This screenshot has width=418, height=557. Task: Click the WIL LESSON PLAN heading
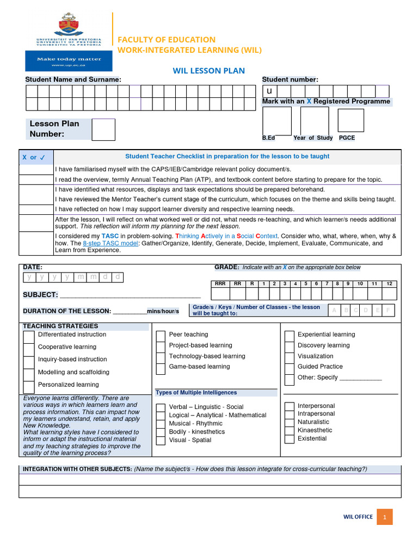pos(208,71)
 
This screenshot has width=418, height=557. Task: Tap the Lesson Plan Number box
pos(103,129)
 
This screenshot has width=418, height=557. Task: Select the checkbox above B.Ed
pos(276,120)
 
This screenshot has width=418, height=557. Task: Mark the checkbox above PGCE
pos(351,120)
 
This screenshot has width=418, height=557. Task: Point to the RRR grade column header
pos(220,283)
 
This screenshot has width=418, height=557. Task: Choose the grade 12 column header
pos(389,283)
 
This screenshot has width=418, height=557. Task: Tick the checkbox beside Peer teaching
pos(161,336)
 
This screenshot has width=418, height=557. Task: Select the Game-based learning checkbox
pos(161,368)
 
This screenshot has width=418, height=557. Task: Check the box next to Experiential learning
pos(290,336)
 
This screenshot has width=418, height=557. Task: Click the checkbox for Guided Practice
pos(290,368)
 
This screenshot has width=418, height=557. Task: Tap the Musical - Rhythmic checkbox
pos(161,424)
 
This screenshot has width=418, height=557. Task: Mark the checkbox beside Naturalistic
pos(288,422)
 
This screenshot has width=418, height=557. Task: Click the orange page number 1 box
pos(384,517)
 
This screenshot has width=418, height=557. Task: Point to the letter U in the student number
pos(269,91)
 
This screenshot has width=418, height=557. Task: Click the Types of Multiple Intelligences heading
pos(196,392)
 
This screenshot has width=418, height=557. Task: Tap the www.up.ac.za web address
pos(68,65)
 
